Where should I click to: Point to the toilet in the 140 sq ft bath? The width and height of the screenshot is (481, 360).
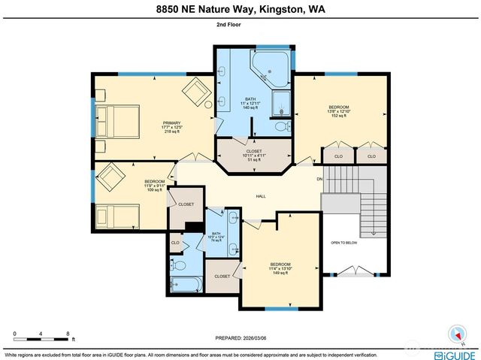pyautogui.click(x=280, y=127)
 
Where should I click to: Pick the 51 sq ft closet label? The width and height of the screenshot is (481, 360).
pyautogui.click(x=253, y=156)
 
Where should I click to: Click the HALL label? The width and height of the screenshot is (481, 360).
pyautogui.click(x=260, y=197)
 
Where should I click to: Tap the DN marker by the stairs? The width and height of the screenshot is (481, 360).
pyautogui.click(x=319, y=179)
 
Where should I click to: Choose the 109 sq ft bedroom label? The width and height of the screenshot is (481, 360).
pyautogui.click(x=154, y=186)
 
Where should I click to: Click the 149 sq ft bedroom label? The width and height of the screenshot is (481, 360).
pyautogui.click(x=280, y=268)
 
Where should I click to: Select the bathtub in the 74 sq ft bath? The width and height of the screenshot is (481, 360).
pyautogui.click(x=184, y=284)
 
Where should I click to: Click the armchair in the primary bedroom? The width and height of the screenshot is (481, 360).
pyautogui.click(x=197, y=95)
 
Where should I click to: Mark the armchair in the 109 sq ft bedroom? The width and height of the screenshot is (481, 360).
pyautogui.click(x=112, y=178)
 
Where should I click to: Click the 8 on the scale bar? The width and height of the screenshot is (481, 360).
pyautogui.click(x=68, y=331)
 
